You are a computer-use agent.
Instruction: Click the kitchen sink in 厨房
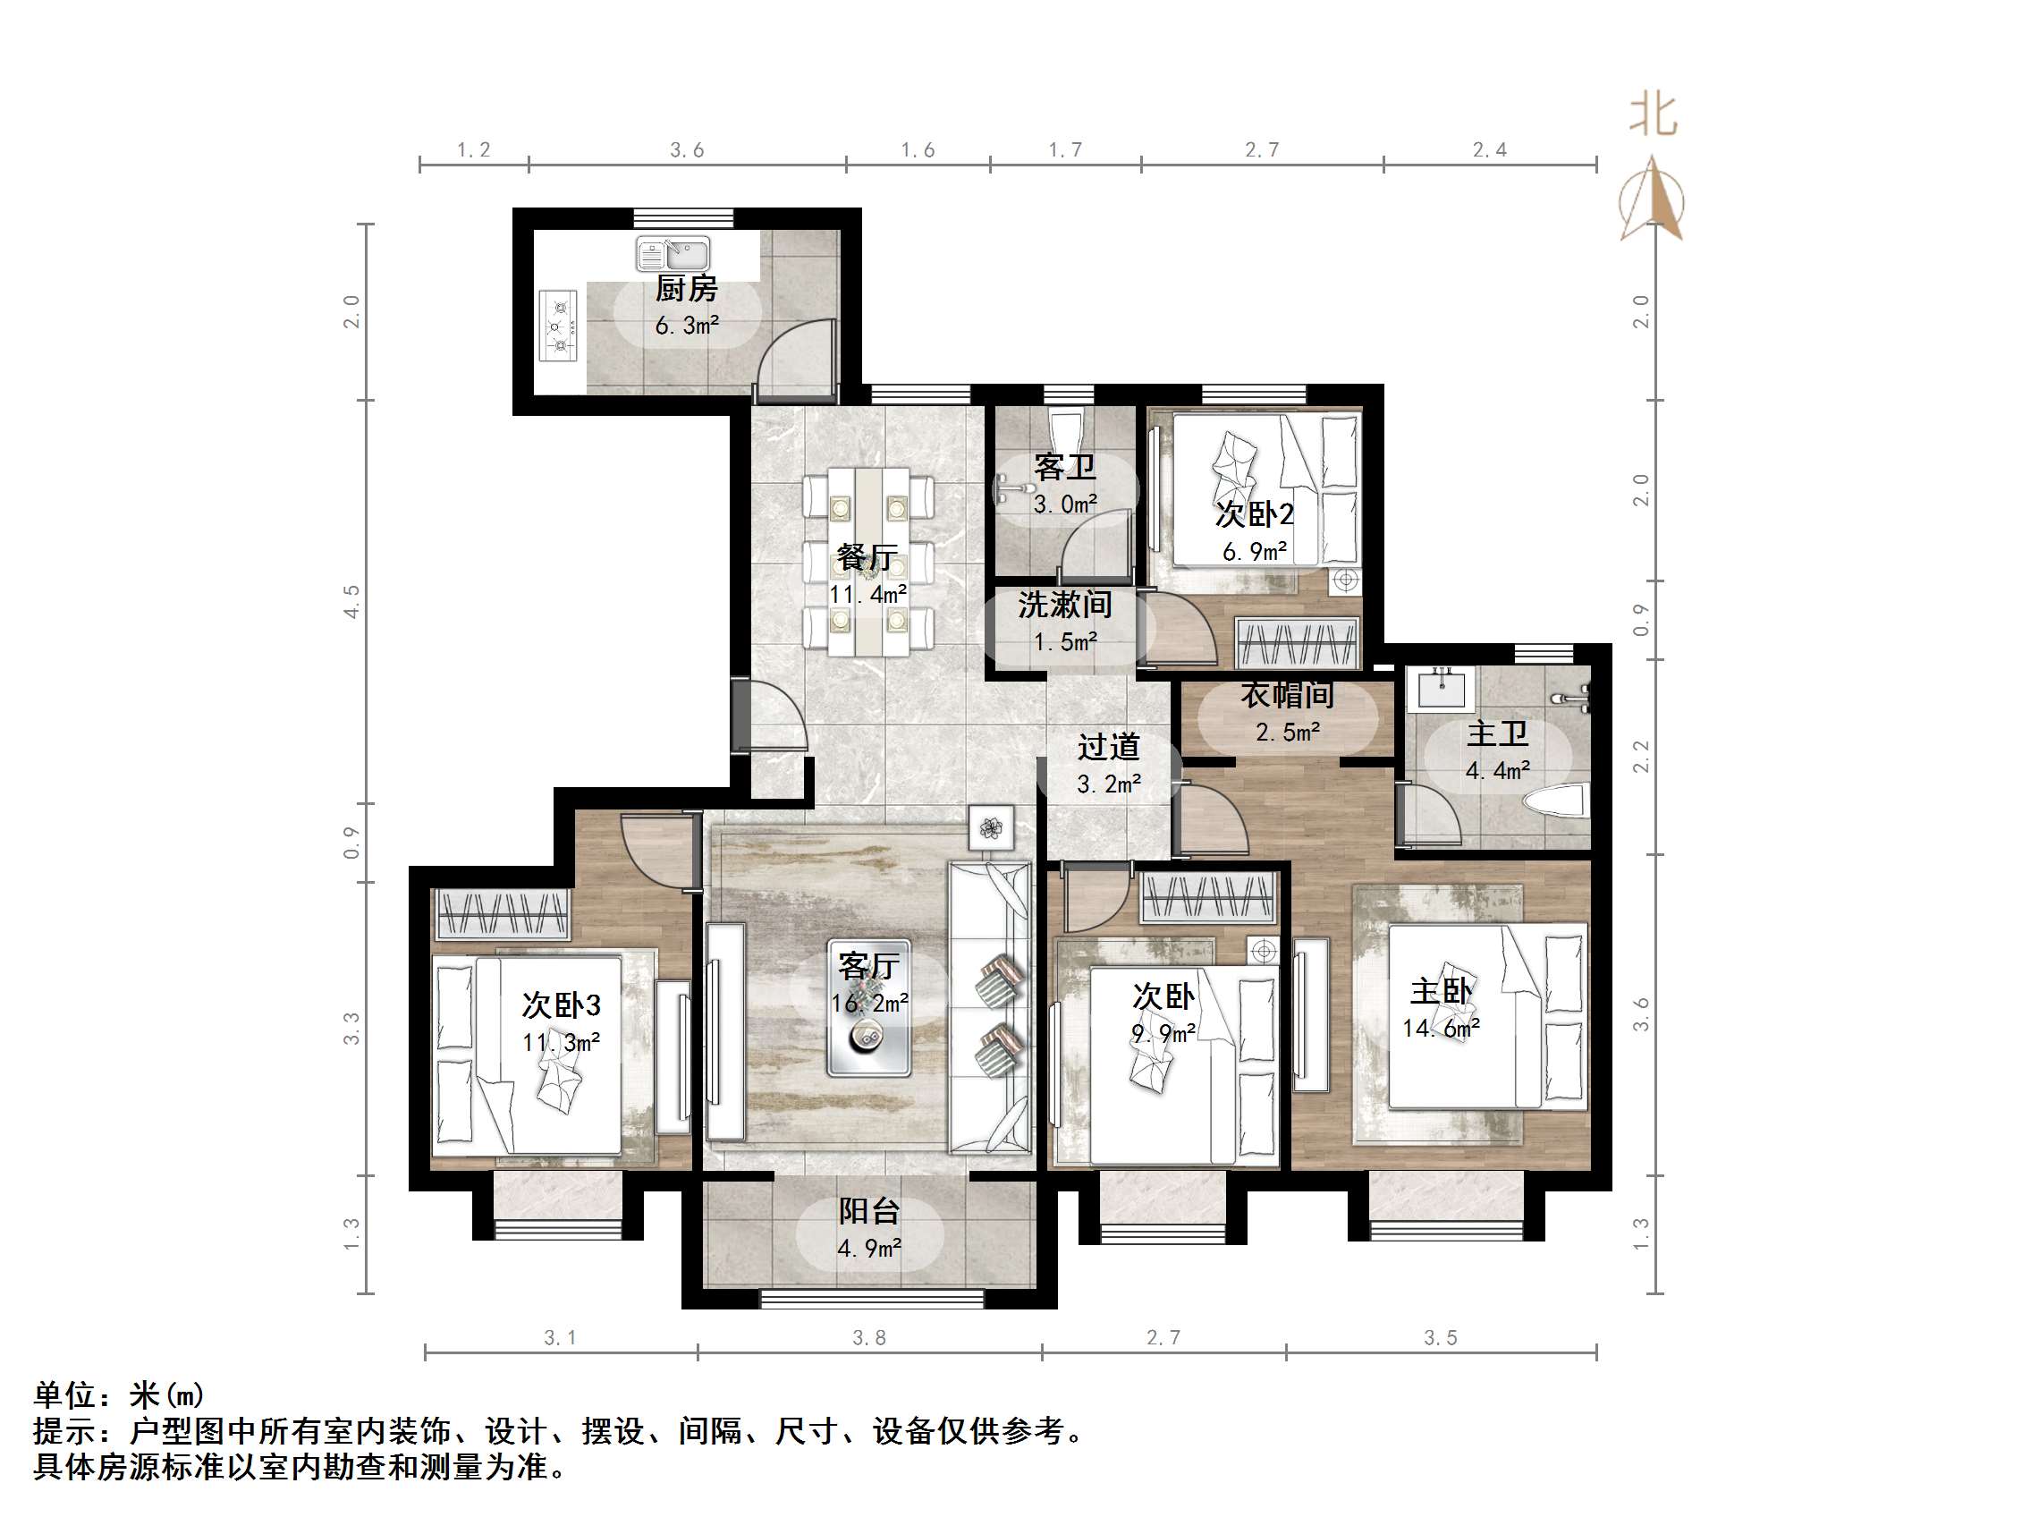click(x=673, y=253)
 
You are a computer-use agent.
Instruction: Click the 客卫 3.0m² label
click(x=1065, y=485)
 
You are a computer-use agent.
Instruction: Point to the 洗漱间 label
click(x=1065, y=605)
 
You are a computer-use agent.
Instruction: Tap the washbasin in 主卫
click(x=1441, y=688)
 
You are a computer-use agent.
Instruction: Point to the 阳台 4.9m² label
click(x=869, y=1228)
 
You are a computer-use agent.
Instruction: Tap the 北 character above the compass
click(x=1653, y=115)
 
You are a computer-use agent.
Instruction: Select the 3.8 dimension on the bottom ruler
click(x=869, y=1338)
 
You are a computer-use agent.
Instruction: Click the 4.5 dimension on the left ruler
click(x=352, y=602)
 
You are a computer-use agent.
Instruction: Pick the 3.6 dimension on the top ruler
click(x=687, y=150)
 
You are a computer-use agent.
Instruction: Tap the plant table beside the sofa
click(x=992, y=828)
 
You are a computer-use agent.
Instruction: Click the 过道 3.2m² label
click(x=1108, y=765)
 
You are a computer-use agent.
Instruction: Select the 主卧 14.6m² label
click(x=1442, y=1009)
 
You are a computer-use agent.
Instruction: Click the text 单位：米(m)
click(x=120, y=1395)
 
